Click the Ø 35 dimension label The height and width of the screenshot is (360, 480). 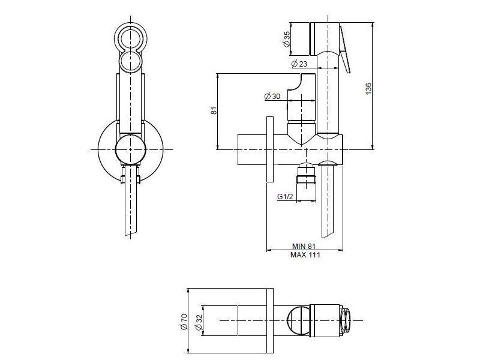[x=287, y=39]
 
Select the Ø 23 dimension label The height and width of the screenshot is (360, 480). [x=299, y=64]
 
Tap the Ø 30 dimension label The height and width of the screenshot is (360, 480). [x=272, y=96]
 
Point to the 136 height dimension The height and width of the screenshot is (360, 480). [x=368, y=88]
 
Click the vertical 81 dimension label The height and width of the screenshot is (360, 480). [x=214, y=110]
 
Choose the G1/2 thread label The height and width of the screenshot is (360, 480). [x=286, y=197]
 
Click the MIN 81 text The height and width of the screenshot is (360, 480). [x=304, y=246]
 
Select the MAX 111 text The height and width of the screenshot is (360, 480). [x=305, y=254]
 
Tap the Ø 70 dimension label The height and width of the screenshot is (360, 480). [x=184, y=322]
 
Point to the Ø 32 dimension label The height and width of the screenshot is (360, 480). [x=199, y=322]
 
